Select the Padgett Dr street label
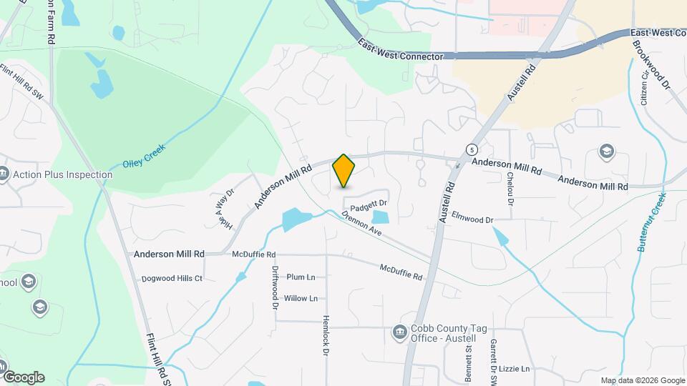point(369,203)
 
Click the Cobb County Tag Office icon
point(399,332)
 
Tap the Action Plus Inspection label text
point(63,174)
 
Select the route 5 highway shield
point(472,149)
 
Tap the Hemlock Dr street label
point(325,335)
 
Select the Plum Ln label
point(301,277)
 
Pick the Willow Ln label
point(301,298)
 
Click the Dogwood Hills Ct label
point(172,278)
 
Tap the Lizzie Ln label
point(515,369)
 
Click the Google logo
point(23,377)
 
